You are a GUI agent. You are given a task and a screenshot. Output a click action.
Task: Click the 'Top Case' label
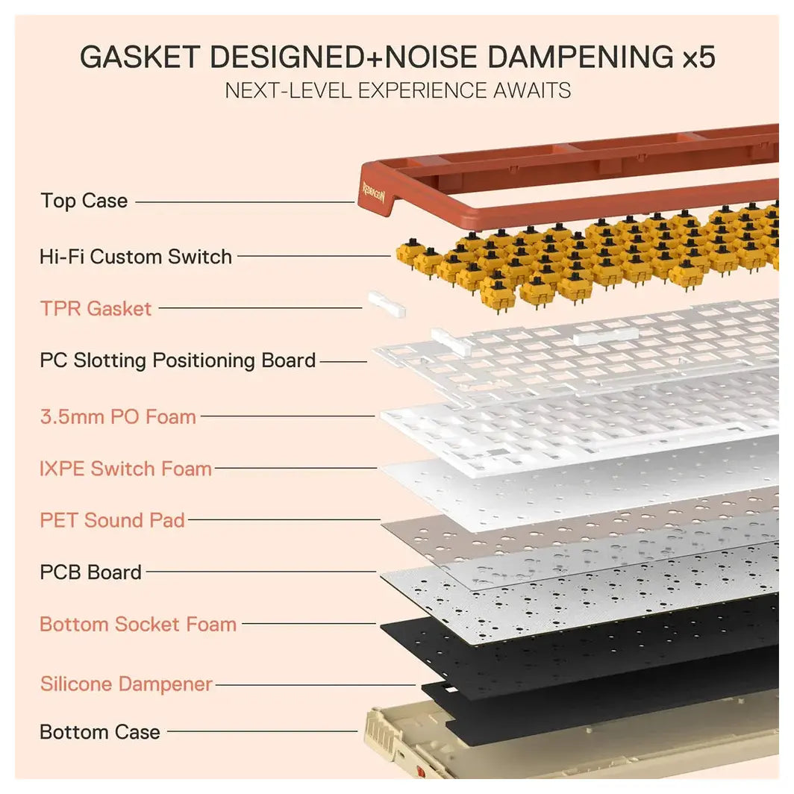click(84, 201)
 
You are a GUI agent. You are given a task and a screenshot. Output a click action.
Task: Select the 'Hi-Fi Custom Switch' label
click(136, 257)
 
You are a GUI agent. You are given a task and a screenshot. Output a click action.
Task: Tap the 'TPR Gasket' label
click(96, 308)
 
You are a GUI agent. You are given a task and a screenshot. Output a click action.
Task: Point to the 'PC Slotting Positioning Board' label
click(178, 360)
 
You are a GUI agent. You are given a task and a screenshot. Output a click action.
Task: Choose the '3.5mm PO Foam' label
click(118, 416)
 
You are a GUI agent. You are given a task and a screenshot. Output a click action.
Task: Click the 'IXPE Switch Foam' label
click(125, 469)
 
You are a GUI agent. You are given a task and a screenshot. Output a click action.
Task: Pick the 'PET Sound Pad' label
click(113, 521)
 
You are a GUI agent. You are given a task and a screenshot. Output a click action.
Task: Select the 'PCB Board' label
click(90, 572)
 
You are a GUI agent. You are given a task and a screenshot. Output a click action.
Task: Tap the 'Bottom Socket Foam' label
click(138, 625)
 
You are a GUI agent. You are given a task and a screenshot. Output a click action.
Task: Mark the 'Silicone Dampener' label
click(126, 684)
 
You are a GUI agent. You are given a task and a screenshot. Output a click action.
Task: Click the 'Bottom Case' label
click(100, 732)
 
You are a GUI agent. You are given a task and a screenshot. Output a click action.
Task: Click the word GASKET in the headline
click(140, 57)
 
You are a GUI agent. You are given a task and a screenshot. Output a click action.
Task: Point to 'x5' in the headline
click(698, 57)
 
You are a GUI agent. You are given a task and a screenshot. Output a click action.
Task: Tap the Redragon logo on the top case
click(374, 193)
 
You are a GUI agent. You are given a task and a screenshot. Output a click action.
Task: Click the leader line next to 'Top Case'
click(245, 202)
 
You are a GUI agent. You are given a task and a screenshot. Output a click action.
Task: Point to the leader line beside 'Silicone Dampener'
click(315, 685)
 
